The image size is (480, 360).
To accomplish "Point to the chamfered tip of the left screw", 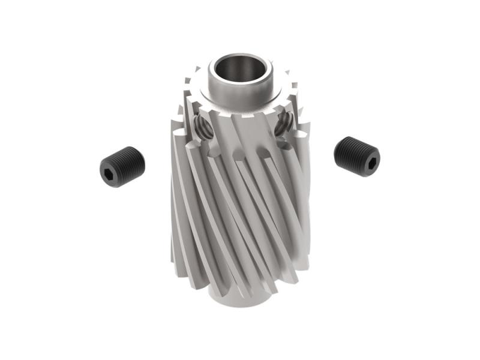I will [x=141, y=157].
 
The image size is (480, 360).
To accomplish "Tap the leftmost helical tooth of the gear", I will [x=178, y=198].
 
